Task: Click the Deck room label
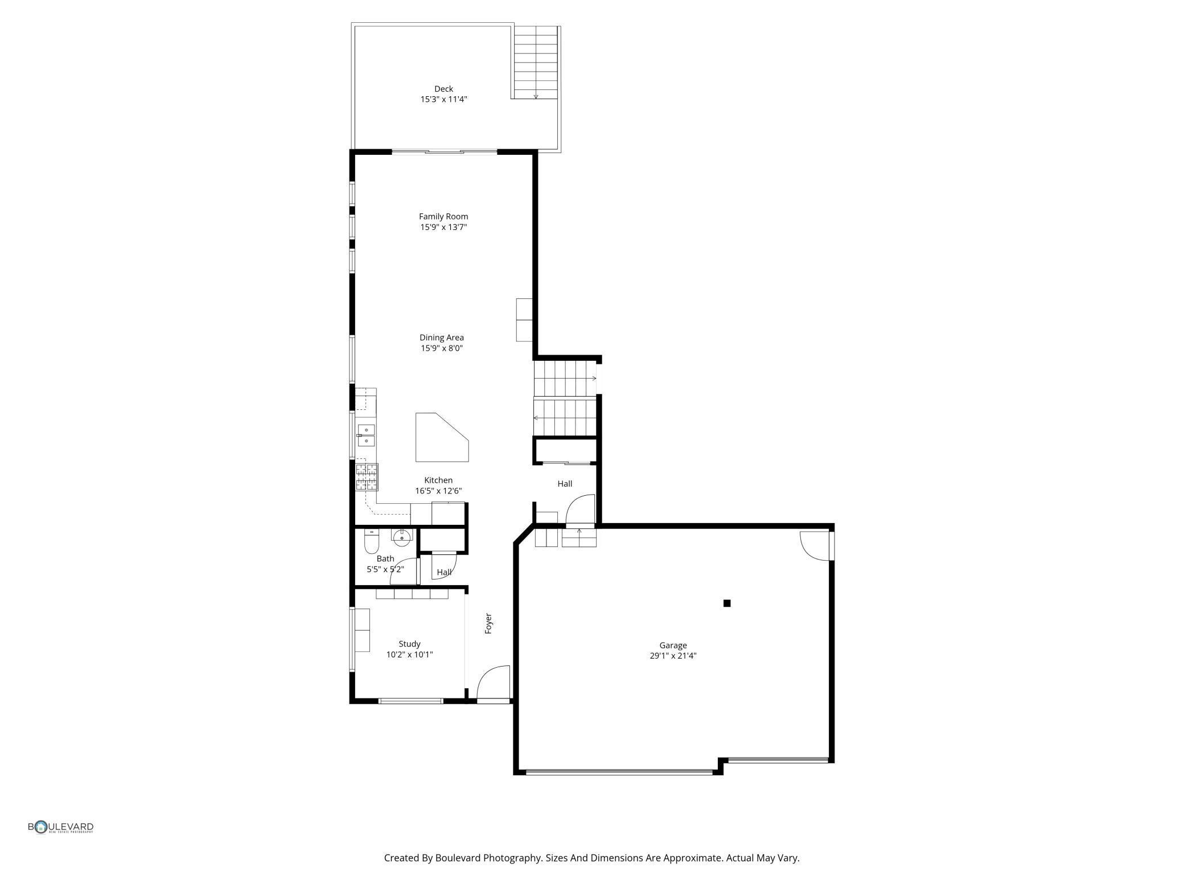443,89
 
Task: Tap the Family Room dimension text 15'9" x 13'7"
443,227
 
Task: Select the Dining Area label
442,338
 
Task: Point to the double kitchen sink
366,435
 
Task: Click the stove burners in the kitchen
367,477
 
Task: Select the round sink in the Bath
402,535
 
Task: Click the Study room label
409,644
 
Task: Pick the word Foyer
488,623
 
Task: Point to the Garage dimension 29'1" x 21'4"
673,656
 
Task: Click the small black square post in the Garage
727,603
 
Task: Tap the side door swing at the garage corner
815,546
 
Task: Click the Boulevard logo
61,827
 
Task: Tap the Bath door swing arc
403,572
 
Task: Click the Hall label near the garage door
565,484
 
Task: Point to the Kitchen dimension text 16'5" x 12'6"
438,491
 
